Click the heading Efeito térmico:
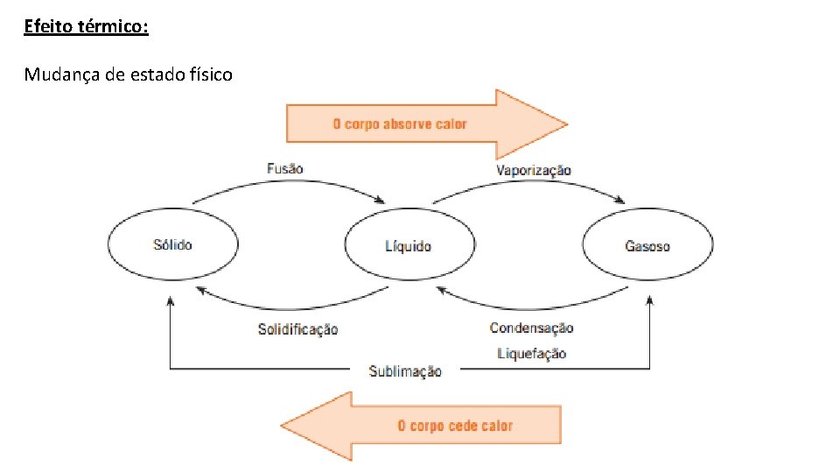click(x=86, y=27)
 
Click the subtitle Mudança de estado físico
click(x=128, y=74)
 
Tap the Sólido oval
click(x=172, y=245)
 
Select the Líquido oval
click(x=409, y=246)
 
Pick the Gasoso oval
click(x=647, y=246)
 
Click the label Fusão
click(x=285, y=167)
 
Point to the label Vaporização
click(x=534, y=170)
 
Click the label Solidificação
click(x=297, y=329)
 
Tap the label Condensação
click(x=532, y=328)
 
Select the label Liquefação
click(x=532, y=353)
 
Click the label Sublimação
click(x=405, y=371)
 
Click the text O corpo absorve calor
click(x=399, y=124)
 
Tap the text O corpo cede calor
click(x=455, y=426)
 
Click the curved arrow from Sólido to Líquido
click(x=289, y=185)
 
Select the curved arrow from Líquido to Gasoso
click(x=529, y=187)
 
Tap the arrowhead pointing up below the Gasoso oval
click(x=649, y=301)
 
